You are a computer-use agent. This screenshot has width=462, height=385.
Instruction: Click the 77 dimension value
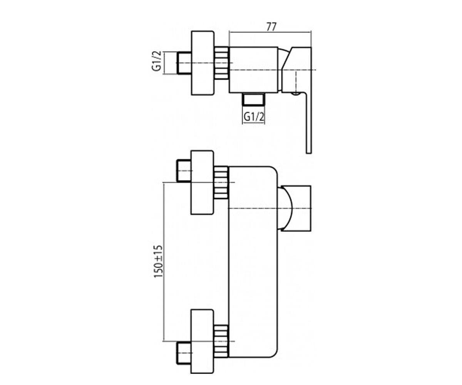271,27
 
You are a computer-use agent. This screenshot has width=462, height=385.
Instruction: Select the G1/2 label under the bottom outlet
254,117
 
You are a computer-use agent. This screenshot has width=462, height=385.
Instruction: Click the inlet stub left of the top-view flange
184,63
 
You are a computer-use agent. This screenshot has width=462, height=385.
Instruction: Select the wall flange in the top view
203,63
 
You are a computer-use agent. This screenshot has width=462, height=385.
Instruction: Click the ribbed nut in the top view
221,63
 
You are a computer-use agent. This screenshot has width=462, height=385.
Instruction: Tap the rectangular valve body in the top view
253,70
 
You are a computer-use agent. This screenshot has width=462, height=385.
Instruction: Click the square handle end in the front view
296,208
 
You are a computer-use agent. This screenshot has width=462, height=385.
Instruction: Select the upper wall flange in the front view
202,182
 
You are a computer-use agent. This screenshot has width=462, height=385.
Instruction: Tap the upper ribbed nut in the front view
221,182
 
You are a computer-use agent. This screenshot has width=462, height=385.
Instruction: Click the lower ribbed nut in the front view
221,341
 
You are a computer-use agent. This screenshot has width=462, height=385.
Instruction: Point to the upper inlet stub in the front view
184,171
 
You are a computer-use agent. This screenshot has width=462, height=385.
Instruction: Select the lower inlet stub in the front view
184,353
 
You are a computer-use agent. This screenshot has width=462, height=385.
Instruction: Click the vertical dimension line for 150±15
164,262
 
